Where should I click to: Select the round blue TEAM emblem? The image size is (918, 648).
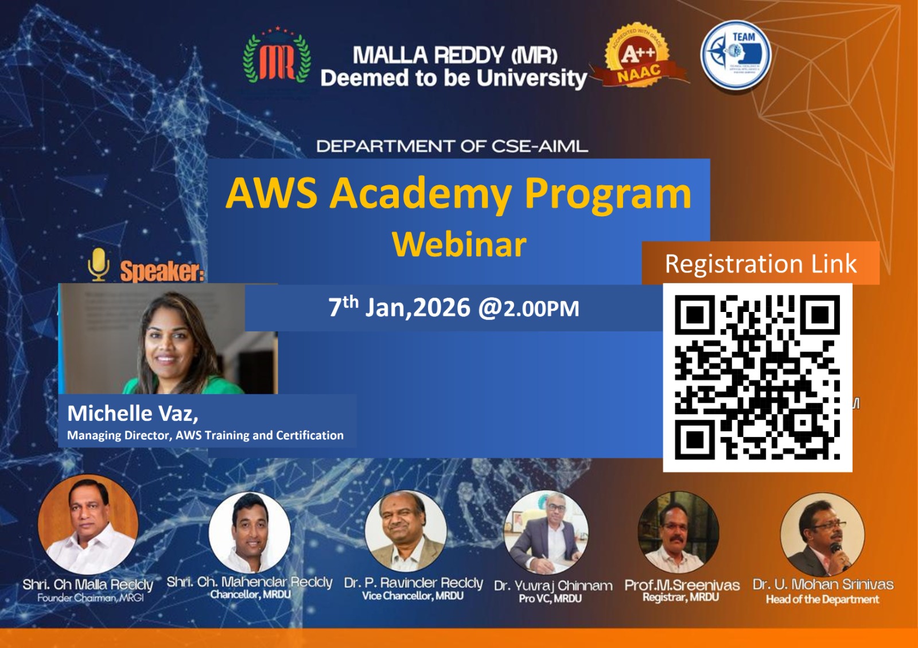pyautogui.click(x=736, y=55)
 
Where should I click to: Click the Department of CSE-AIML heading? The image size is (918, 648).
pyautogui.click(x=452, y=146)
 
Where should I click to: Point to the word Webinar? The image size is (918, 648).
pyautogui.click(x=459, y=244)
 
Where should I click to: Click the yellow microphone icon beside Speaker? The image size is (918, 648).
pyautogui.click(x=99, y=264)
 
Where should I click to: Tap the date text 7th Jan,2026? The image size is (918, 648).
pyautogui.click(x=399, y=308)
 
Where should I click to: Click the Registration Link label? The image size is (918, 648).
pyautogui.click(x=760, y=264)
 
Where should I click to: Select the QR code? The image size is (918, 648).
pyautogui.click(x=757, y=377)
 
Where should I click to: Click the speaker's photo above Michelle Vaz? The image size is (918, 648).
pyautogui.click(x=169, y=339)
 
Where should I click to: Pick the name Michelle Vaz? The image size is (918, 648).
pyautogui.click(x=133, y=413)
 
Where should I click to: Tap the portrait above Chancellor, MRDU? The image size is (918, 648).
pyautogui.click(x=250, y=533)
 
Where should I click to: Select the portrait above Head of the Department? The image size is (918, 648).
pyautogui.click(x=822, y=534)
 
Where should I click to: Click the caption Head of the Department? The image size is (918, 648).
pyautogui.click(x=822, y=600)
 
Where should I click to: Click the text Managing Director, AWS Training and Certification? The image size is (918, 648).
pyautogui.click(x=205, y=435)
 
